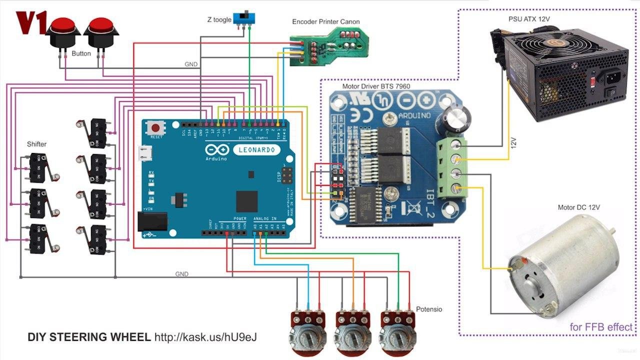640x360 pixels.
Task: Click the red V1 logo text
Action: coord(31,22)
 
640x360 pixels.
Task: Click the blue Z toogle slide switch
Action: coord(244,18)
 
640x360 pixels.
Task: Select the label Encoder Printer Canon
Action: coord(325,21)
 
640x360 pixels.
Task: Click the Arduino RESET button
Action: coord(156,128)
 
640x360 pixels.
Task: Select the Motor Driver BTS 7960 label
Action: coord(376,86)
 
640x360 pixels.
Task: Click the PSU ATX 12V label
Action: coord(529,19)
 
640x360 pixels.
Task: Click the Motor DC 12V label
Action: coord(578,207)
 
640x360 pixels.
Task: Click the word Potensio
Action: coord(429,309)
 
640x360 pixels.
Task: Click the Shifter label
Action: coord(36,144)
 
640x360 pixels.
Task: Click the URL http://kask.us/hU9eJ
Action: coord(205,337)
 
